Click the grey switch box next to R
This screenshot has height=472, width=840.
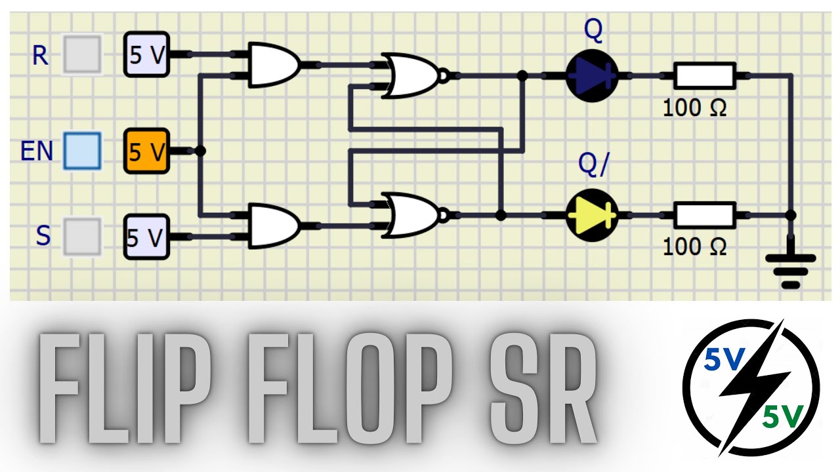click(83, 54)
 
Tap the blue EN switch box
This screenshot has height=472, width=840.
click(83, 151)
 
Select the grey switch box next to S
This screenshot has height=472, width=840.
click(83, 237)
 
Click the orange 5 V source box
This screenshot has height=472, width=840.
click(146, 151)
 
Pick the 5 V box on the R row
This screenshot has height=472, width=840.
click(146, 54)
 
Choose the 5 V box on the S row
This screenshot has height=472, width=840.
click(146, 237)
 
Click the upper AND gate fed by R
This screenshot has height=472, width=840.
click(274, 65)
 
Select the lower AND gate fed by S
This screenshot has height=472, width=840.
click(274, 226)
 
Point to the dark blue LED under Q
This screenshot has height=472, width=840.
click(592, 75)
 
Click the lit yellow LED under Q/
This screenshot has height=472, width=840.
click(592, 216)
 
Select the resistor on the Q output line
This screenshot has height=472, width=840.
click(705, 75)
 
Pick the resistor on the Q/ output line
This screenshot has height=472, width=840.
click(705, 216)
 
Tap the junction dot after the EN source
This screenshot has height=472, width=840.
click(200, 151)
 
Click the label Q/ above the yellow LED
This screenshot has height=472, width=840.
click(594, 163)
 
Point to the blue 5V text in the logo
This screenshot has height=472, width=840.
click(724, 359)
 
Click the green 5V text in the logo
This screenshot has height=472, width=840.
click(783, 416)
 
